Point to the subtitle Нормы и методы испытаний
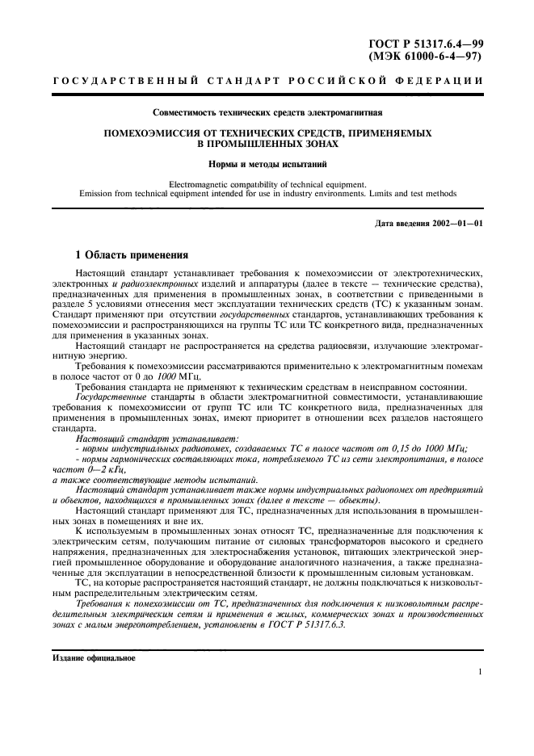(267, 164)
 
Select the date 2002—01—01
(456, 223)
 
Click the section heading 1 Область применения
(132, 254)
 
